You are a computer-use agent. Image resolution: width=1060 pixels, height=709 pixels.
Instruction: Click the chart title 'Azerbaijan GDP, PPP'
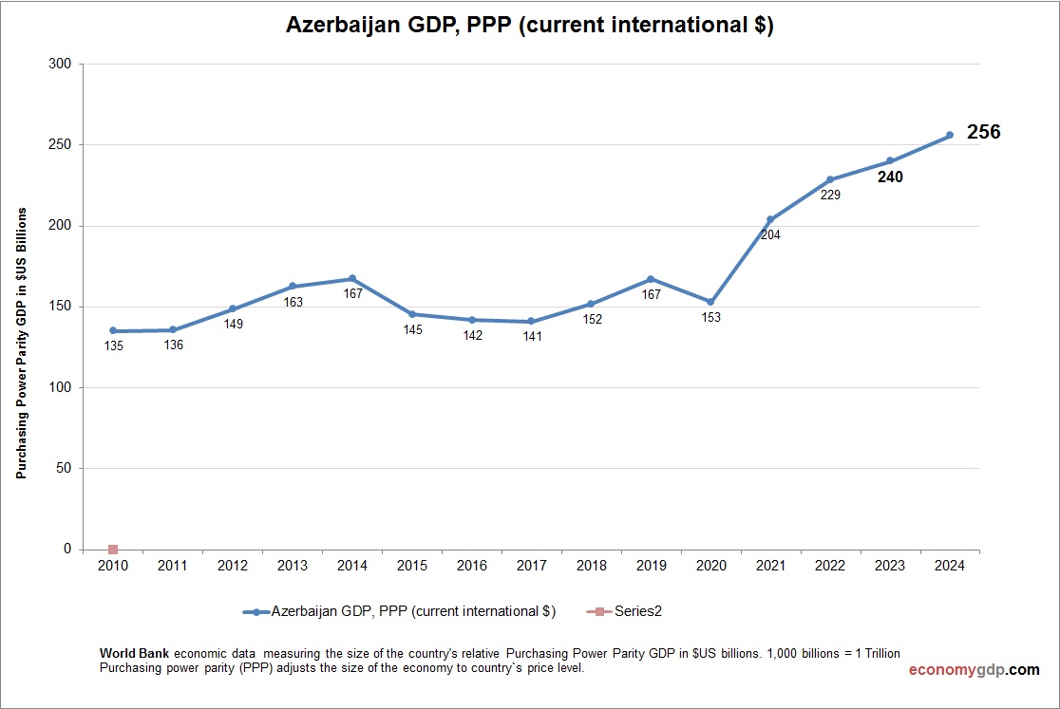pyautogui.click(x=530, y=26)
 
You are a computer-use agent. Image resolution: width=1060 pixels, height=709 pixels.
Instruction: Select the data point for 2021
pyautogui.click(x=770, y=219)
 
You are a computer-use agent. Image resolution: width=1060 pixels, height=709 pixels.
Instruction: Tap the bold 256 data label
pyautogui.click(x=983, y=133)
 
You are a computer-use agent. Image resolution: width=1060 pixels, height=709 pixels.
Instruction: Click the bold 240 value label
pyautogui.click(x=890, y=177)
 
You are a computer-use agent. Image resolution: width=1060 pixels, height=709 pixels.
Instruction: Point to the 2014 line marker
pyautogui.click(x=351, y=279)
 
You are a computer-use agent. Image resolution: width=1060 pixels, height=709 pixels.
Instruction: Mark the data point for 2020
pyautogui.click(x=710, y=302)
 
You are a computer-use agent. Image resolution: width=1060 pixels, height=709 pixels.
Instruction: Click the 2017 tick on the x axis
pyautogui.click(x=531, y=566)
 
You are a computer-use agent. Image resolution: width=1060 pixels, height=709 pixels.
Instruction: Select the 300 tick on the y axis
pyautogui.click(x=60, y=65)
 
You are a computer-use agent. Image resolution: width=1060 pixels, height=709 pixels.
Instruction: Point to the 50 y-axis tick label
pyautogui.click(x=64, y=469)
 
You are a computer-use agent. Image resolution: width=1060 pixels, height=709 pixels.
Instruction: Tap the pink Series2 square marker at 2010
pyautogui.click(x=113, y=550)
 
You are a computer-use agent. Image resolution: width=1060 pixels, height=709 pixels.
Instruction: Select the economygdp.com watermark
pyautogui.click(x=974, y=670)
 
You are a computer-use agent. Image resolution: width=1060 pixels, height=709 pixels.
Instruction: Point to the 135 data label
pyautogui.click(x=113, y=345)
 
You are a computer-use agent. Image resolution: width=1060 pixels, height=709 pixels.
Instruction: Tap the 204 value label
pyautogui.click(x=770, y=234)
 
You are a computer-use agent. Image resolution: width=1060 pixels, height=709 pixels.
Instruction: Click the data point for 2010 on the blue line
pyautogui.click(x=113, y=331)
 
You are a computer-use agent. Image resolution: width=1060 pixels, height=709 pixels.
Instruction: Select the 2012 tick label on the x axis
pyautogui.click(x=233, y=566)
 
